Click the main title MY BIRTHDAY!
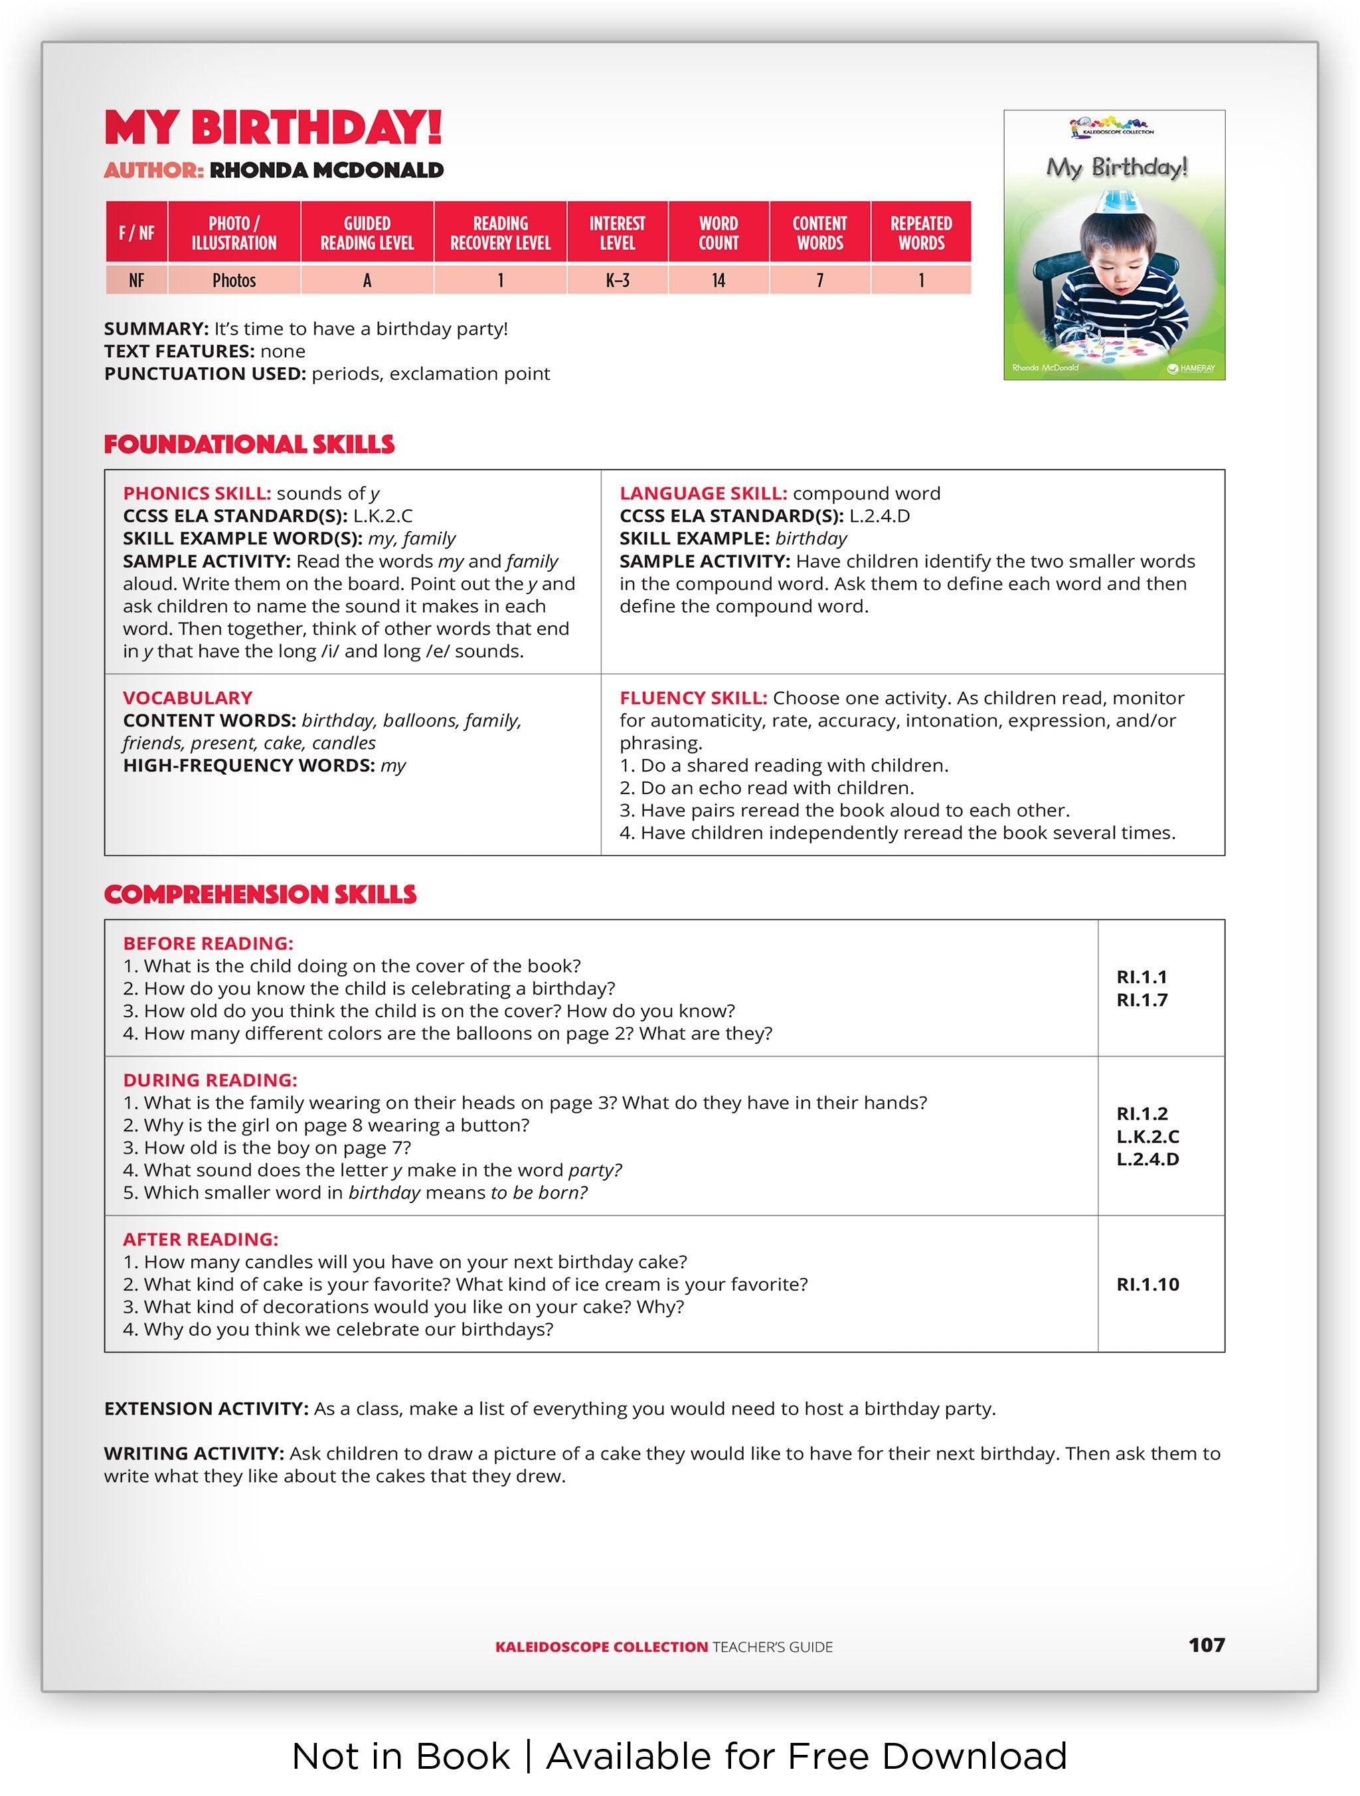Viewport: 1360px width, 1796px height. (x=273, y=127)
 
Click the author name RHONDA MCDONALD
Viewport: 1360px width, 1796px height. (x=327, y=171)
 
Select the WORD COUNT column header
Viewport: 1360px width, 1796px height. (x=718, y=233)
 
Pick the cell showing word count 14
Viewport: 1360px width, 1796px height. (x=718, y=280)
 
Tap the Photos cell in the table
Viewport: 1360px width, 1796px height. (x=234, y=280)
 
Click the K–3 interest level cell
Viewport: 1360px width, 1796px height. (x=617, y=280)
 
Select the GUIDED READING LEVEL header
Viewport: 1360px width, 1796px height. (x=367, y=233)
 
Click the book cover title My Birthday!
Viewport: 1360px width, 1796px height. (x=1116, y=167)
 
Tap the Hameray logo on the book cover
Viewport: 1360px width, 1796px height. (x=1191, y=368)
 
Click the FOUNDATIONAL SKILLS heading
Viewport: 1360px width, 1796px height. (x=249, y=444)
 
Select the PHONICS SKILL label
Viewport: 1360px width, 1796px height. (x=197, y=494)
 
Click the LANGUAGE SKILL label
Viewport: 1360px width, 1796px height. (x=703, y=494)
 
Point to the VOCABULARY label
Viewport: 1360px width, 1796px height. (x=187, y=698)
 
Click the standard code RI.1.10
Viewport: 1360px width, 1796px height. (x=1147, y=1285)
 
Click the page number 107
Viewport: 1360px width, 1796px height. (x=1206, y=1645)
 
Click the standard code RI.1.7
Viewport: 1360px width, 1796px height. (x=1142, y=1001)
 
